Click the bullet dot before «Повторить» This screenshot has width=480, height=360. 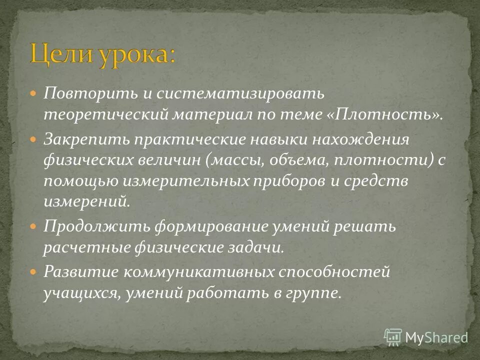click(33, 93)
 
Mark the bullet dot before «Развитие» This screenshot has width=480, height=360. click(33, 272)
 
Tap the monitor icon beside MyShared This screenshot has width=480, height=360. click(393, 336)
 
